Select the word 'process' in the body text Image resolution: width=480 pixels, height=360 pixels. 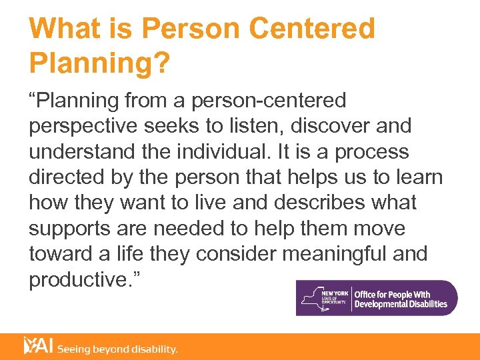pyautogui.click(x=371, y=151)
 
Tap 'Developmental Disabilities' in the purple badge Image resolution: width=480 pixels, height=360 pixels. pyautogui.click(x=401, y=305)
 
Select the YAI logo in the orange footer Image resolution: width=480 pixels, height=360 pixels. pyautogui.click(x=38, y=346)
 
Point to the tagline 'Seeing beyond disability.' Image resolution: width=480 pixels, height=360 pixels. pyautogui.click(x=117, y=349)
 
